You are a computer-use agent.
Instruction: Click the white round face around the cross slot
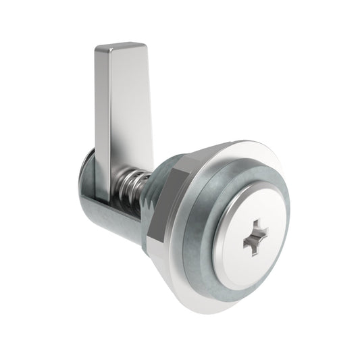pos(233,257)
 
